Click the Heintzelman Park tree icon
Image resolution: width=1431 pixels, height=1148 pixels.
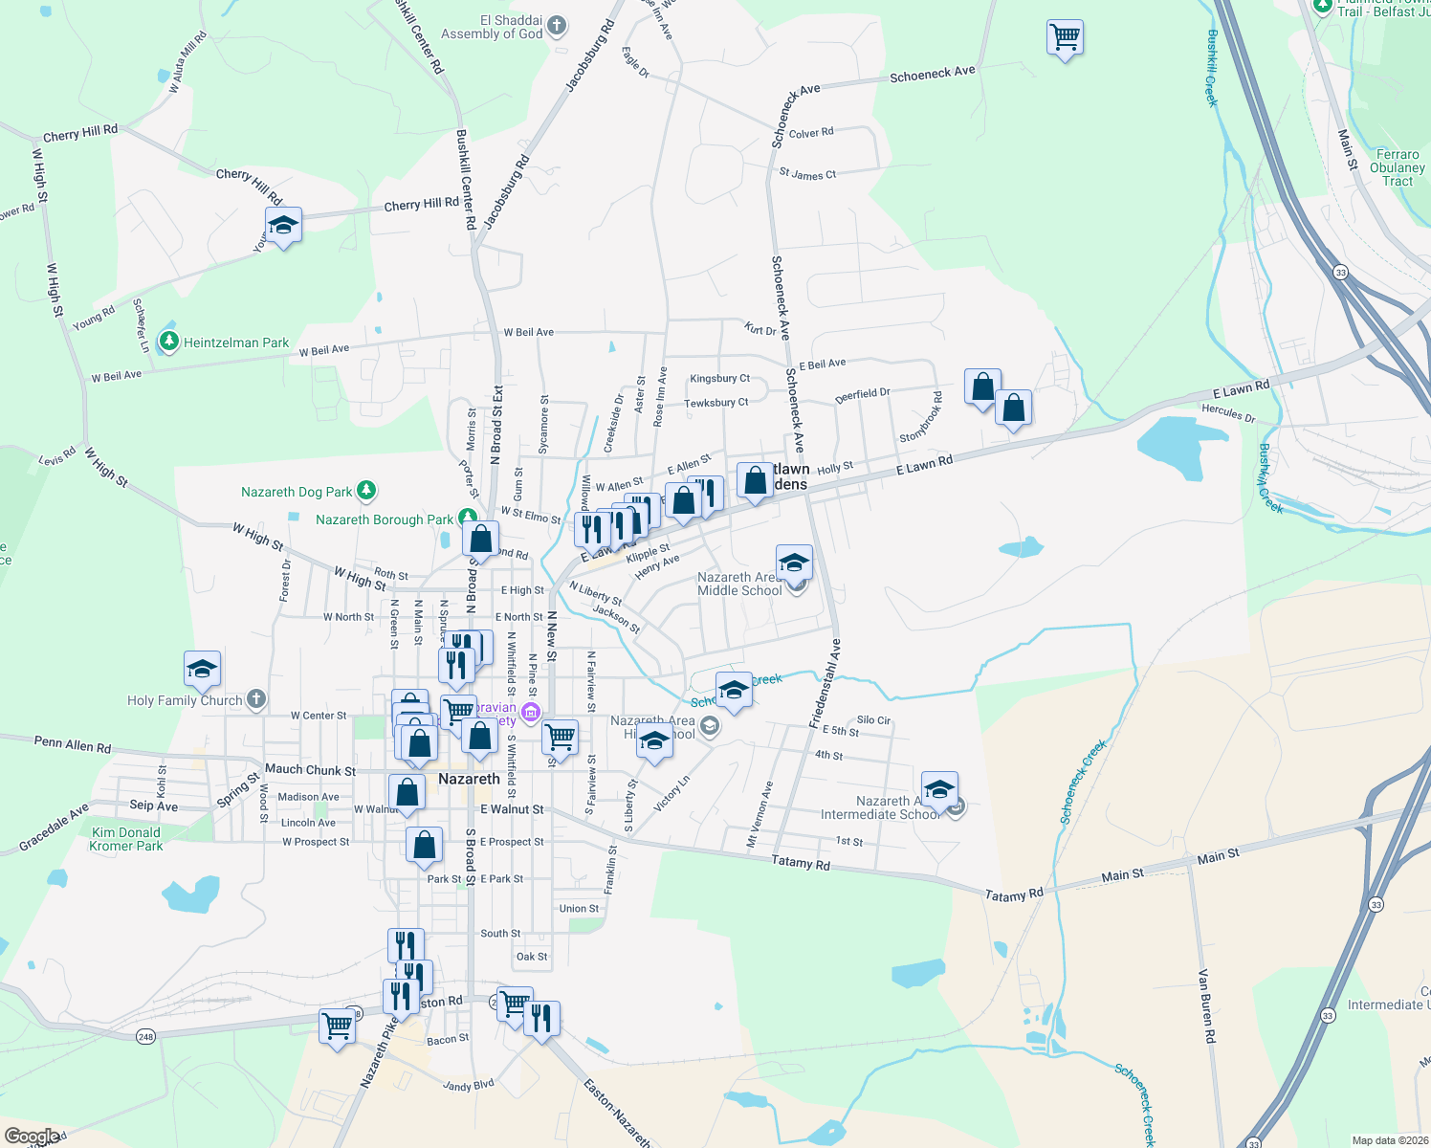[x=169, y=342]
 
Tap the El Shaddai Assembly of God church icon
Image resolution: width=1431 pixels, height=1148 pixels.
[x=557, y=26]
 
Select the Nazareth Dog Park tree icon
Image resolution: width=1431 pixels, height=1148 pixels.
[x=365, y=492]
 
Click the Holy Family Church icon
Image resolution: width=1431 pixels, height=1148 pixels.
[x=255, y=699]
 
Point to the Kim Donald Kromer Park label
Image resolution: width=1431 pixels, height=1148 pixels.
[x=125, y=839]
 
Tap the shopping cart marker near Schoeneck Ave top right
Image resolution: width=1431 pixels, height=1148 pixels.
[x=1065, y=38]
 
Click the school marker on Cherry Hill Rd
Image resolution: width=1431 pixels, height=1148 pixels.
[x=283, y=227]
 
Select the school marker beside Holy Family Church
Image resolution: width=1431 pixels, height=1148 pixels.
[x=202, y=669]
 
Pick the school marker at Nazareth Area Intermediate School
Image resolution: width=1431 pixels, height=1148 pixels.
[x=939, y=790]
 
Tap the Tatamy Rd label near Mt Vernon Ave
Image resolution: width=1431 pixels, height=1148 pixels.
[x=801, y=862]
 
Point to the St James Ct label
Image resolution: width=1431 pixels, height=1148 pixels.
[x=807, y=174]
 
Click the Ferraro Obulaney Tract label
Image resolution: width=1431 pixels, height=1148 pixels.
[x=1397, y=167]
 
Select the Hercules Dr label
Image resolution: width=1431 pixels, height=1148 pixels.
[x=1228, y=413]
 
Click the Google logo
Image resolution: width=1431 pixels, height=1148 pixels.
[x=32, y=1137]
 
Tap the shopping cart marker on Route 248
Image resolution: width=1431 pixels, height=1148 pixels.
[x=337, y=1026]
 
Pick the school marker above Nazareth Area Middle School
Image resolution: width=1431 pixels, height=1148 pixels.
[x=794, y=563]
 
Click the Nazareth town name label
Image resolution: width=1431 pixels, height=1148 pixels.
[x=469, y=779]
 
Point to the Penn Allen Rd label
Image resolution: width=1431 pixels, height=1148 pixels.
[x=73, y=743]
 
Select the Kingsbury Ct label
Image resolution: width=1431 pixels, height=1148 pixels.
[x=719, y=379]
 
